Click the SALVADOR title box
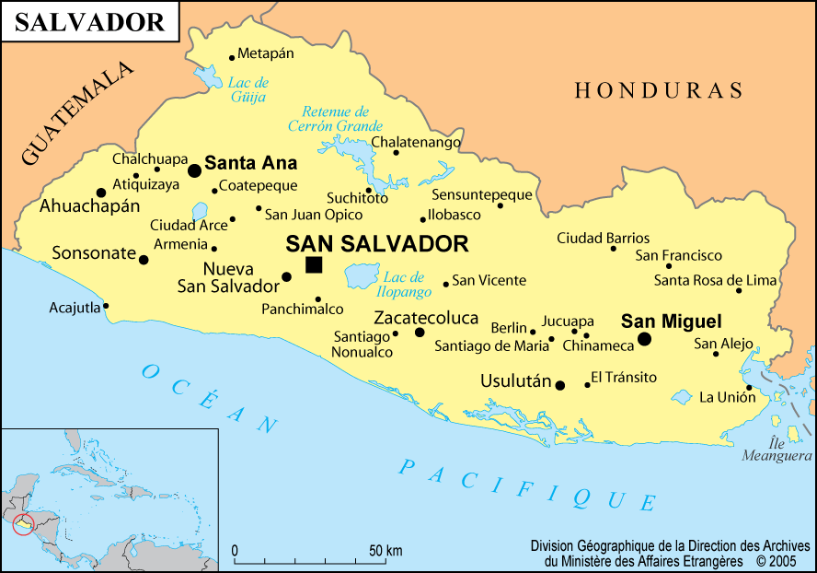[89, 21]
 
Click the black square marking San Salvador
[314, 265]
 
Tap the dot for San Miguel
[644, 339]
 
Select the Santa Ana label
[250, 164]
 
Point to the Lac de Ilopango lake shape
[362, 275]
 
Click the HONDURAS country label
[659, 90]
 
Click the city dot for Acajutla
[106, 306]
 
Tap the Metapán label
[266, 53]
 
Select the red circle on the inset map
[23, 524]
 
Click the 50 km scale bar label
[385, 551]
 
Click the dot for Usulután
[559, 385]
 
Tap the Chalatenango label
[416, 143]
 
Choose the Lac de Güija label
[247, 89]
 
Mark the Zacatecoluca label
[426, 318]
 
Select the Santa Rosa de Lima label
[715, 280]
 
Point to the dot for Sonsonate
[144, 260]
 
